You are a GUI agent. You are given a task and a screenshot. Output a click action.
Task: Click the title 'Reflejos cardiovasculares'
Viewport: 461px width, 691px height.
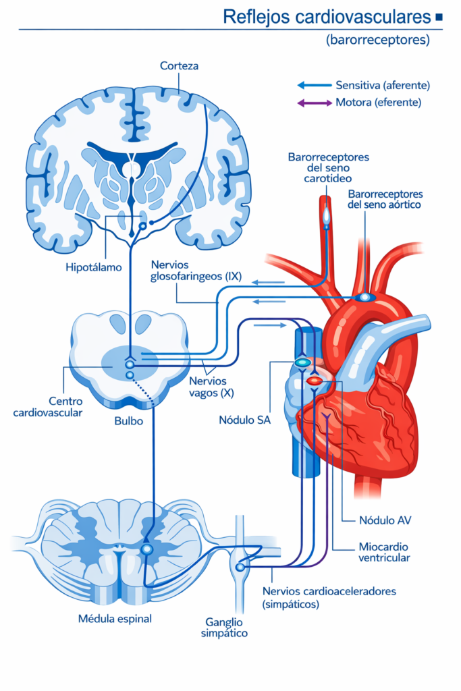click(x=327, y=17)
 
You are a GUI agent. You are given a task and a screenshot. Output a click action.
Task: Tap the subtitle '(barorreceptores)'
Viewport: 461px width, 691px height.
click(x=377, y=40)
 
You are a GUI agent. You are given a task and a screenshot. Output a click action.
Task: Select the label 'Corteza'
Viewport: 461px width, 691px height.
click(x=179, y=65)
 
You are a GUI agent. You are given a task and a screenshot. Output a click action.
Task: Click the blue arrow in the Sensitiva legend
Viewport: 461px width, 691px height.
click(x=314, y=86)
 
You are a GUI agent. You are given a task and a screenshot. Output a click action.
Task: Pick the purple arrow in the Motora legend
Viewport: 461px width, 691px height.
click(x=314, y=103)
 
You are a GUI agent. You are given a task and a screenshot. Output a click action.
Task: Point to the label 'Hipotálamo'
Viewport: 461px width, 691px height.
click(x=94, y=267)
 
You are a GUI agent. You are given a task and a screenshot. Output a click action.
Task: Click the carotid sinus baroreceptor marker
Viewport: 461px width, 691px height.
click(x=326, y=214)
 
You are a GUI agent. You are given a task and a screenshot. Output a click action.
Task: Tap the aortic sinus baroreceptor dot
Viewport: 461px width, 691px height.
click(x=364, y=296)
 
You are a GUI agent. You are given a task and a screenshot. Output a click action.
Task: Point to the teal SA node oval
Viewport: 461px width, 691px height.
click(x=302, y=363)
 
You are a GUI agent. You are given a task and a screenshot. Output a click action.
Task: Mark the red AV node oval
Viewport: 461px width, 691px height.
click(x=315, y=381)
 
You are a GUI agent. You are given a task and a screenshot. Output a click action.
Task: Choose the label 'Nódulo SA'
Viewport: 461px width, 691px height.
click(x=242, y=420)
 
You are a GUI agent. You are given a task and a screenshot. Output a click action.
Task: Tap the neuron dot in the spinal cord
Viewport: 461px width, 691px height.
click(x=146, y=549)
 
